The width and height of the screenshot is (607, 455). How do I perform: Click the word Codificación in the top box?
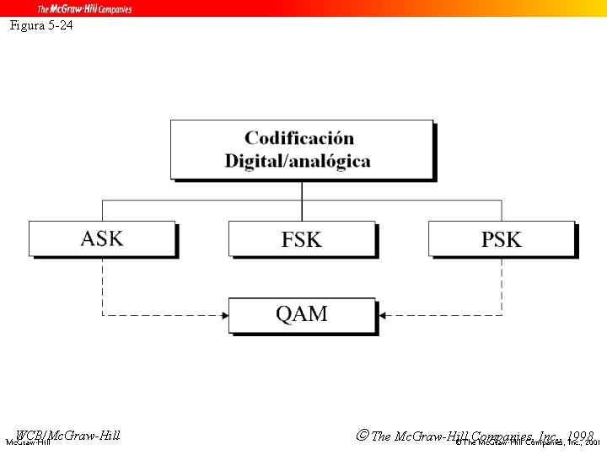click(x=299, y=138)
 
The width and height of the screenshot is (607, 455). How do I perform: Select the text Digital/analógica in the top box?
click(x=298, y=160)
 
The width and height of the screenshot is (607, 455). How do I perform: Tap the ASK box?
click(x=102, y=238)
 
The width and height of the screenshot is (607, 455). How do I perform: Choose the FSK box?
click(x=301, y=238)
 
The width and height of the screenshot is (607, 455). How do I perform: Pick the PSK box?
click(x=501, y=238)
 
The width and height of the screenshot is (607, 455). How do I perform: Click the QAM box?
click(x=301, y=315)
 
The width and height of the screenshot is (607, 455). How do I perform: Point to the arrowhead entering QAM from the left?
click(x=224, y=316)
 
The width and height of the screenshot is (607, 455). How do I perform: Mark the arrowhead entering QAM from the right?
click(x=381, y=316)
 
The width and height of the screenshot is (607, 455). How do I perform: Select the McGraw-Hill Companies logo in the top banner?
click(x=84, y=8)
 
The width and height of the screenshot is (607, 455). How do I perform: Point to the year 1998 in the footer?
click(x=581, y=436)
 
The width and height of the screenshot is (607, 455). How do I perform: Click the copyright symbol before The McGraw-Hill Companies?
click(x=362, y=436)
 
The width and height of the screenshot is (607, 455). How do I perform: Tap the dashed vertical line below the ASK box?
click(x=103, y=286)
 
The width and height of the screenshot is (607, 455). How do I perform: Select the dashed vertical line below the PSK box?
click(x=502, y=286)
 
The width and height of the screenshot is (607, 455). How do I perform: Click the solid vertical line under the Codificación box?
click(x=302, y=201)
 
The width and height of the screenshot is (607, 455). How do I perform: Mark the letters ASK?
click(x=102, y=238)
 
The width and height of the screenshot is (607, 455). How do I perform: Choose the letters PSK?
click(x=501, y=239)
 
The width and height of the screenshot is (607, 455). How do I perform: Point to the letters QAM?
click(x=301, y=315)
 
